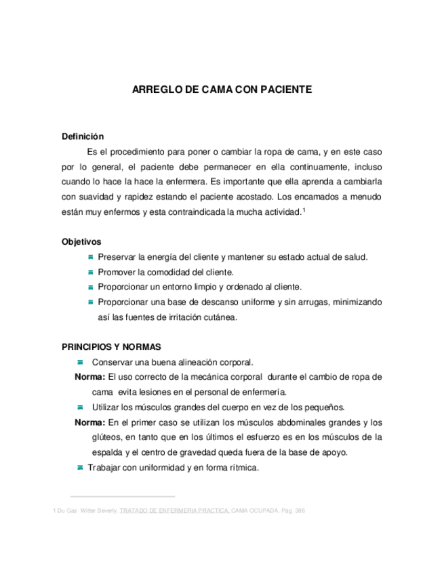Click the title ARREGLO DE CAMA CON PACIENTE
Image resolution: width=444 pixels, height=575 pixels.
pyautogui.click(x=222, y=89)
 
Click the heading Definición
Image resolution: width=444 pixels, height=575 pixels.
pyautogui.click(x=83, y=136)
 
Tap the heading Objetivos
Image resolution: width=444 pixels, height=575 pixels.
pyautogui.click(x=81, y=241)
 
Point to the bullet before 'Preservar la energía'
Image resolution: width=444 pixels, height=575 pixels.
pyautogui.click(x=91, y=256)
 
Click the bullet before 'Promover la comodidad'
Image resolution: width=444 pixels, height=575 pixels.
pyautogui.click(x=91, y=271)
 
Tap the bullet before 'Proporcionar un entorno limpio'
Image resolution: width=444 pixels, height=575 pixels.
pyautogui.click(x=91, y=286)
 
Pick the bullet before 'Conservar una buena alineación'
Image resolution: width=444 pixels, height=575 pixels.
pyautogui.click(x=80, y=361)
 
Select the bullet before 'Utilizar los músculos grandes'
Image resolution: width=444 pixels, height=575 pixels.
pyautogui.click(x=80, y=407)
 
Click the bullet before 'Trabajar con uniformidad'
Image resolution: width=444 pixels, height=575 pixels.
pyautogui.click(x=80, y=468)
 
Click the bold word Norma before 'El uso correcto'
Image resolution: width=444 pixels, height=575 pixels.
pyautogui.click(x=89, y=377)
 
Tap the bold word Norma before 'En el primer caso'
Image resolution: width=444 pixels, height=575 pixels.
pyautogui.click(x=89, y=422)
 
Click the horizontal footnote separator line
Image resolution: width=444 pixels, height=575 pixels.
pyautogui.click(x=123, y=496)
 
